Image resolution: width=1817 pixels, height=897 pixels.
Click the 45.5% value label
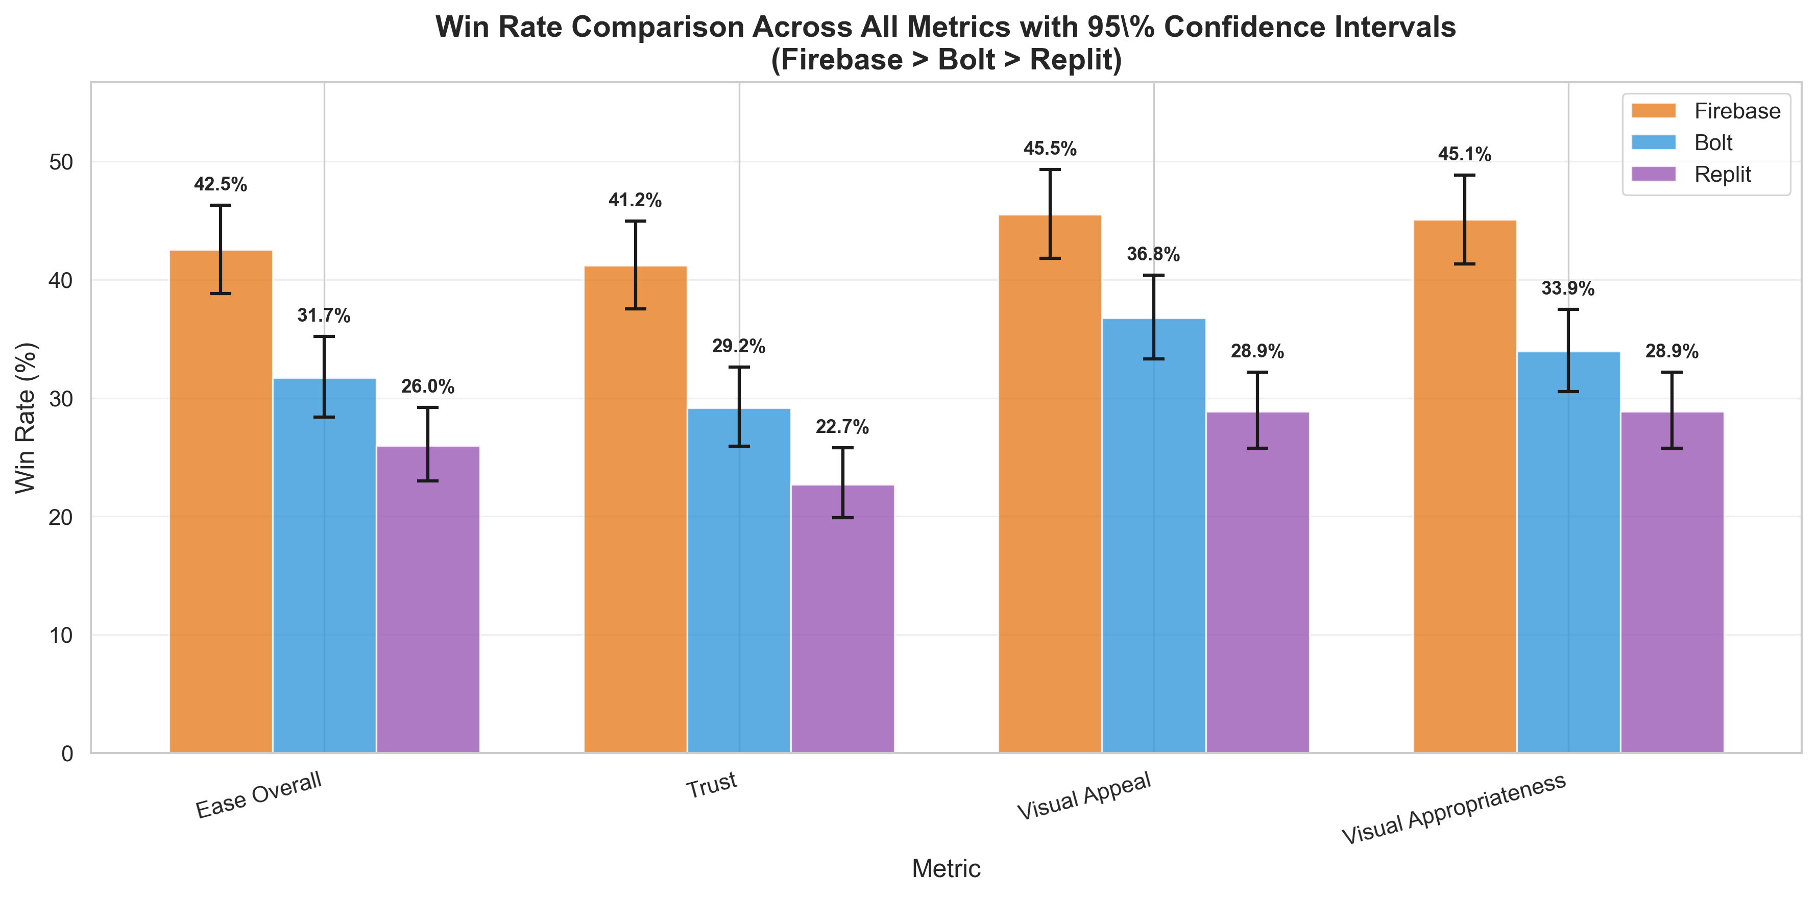(1050, 149)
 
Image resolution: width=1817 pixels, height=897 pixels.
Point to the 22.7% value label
(842, 427)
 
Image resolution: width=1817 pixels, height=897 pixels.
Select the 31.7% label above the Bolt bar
(324, 315)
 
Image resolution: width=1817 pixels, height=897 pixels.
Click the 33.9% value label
(1567, 288)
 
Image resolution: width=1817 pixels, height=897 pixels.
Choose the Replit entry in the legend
(1722, 174)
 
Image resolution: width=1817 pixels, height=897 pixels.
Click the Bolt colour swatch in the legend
(1653, 142)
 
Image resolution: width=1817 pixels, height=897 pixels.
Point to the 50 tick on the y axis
(61, 162)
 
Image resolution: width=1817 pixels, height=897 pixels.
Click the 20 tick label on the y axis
(61, 517)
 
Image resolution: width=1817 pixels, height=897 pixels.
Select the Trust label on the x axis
(712, 785)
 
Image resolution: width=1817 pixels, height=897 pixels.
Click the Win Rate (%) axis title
(26, 418)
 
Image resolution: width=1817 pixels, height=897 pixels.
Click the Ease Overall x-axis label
(259, 795)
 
